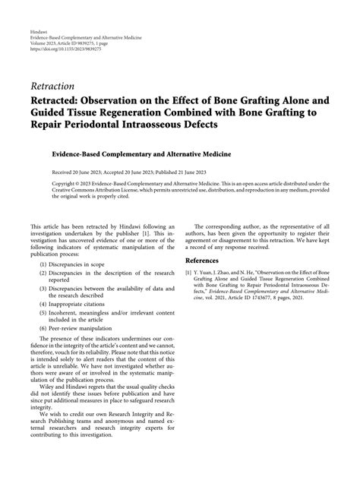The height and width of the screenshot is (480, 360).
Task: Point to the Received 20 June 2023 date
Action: [75, 173]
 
